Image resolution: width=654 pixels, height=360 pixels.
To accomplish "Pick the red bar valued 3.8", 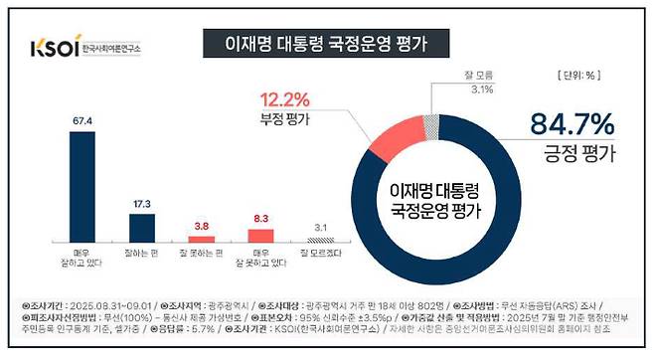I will [202, 239].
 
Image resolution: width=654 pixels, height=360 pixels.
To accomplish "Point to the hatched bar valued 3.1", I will [317, 240].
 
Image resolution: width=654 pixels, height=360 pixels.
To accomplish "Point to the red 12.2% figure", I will [288, 99].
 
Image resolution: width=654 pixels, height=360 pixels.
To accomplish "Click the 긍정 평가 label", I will [569, 155].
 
